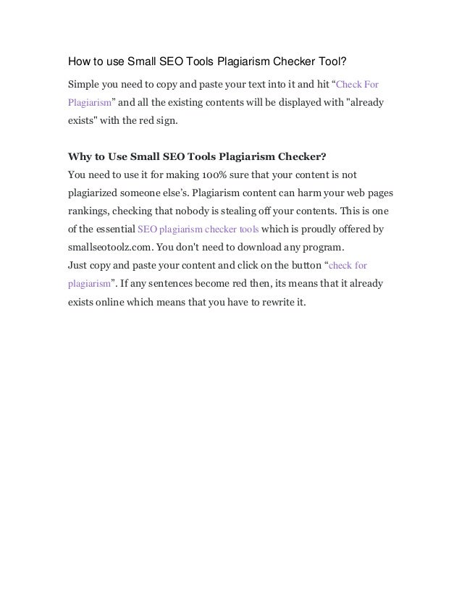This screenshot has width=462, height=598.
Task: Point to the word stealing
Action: click(252, 213)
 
